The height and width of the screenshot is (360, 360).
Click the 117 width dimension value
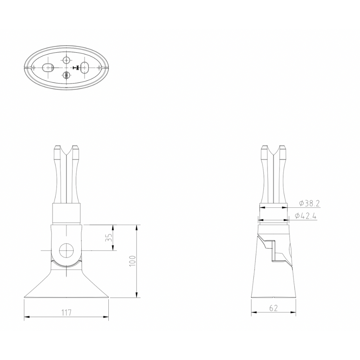(x=66, y=312)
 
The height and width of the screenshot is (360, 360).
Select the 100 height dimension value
(x=132, y=261)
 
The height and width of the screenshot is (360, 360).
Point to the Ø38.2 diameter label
(x=309, y=204)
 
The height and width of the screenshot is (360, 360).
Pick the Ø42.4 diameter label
(x=305, y=216)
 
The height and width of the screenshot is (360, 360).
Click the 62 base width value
(x=273, y=308)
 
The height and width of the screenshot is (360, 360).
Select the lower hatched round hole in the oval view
(x=67, y=75)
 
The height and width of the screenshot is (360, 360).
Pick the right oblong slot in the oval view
(x=85, y=67)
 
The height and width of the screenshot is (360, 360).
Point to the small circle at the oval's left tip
(x=34, y=67)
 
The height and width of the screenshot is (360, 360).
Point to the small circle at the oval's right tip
(x=99, y=67)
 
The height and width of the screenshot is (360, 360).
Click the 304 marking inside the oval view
(x=76, y=68)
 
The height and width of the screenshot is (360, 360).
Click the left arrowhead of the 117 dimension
(x=26, y=317)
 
